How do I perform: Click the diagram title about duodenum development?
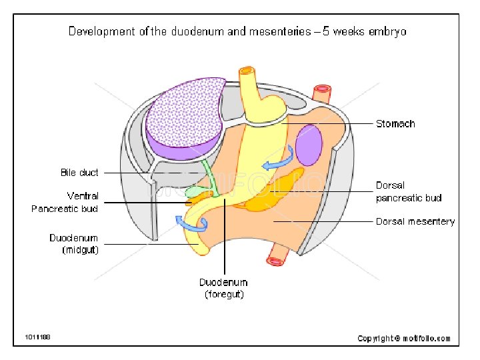pos(237,31)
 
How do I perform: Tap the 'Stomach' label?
pos(395,123)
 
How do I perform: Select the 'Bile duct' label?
pos(79,173)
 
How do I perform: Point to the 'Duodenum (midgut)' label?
pos(74,244)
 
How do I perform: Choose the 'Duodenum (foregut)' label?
pos(223,288)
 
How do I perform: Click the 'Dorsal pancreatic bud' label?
pos(409,191)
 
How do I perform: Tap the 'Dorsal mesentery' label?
pos(415,221)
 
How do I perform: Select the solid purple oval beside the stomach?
pos(309,145)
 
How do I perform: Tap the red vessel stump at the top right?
pos(323,90)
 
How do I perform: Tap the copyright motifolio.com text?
pos(404,339)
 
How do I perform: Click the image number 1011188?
pos(38,337)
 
